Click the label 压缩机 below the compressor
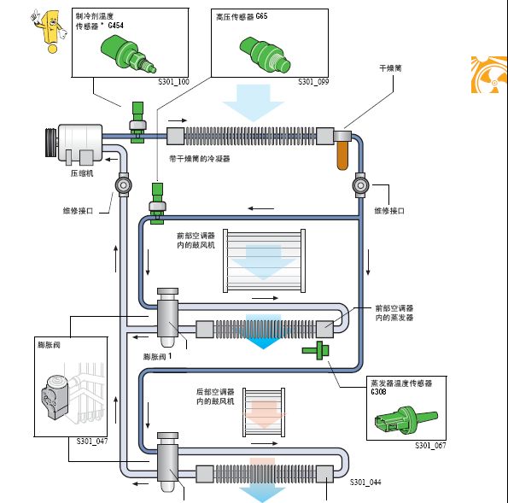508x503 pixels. (82, 173)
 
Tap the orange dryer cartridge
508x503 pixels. (342, 155)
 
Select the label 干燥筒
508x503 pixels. (390, 68)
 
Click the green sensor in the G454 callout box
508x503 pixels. (128, 54)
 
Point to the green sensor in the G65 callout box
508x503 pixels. (265, 55)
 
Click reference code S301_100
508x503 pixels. (173, 82)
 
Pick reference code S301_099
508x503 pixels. (313, 82)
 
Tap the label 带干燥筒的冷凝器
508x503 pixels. (200, 159)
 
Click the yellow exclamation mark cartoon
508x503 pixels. (50, 31)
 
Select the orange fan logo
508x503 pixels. (489, 74)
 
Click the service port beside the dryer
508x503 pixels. (360, 185)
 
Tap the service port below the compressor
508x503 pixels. (124, 185)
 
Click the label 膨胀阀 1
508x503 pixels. (157, 357)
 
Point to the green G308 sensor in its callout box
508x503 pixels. (406, 419)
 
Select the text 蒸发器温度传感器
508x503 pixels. (401, 383)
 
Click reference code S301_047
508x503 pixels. (92, 442)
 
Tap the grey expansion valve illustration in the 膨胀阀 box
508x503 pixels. (54, 396)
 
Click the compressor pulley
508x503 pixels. (50, 143)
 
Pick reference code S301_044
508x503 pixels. (365, 483)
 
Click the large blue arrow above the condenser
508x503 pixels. (254, 102)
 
